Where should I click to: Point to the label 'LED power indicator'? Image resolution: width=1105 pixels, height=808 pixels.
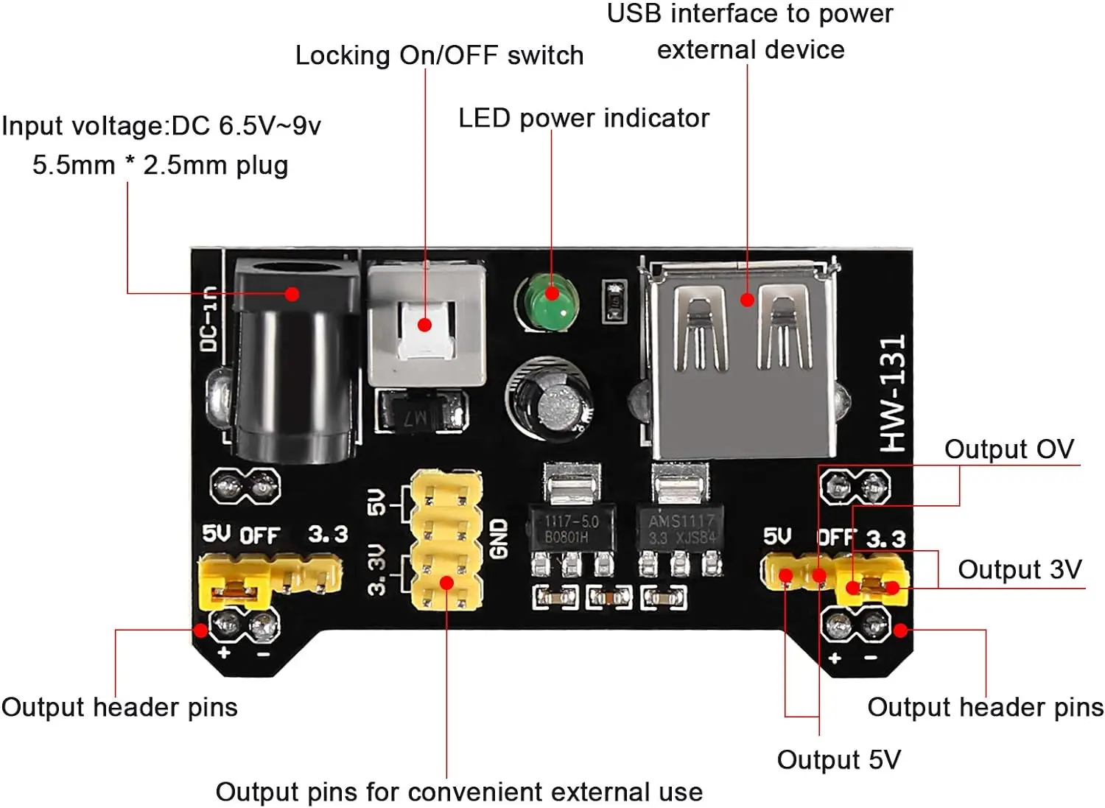pyautogui.click(x=583, y=119)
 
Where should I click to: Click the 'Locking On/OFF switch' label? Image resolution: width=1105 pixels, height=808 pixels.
pyautogui.click(x=439, y=56)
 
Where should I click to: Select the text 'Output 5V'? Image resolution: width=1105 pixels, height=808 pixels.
pyautogui.click(x=838, y=760)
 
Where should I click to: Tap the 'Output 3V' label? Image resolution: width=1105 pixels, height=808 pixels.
pyautogui.click(x=1020, y=569)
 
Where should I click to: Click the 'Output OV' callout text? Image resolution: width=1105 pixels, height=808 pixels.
pyautogui.click(x=1008, y=449)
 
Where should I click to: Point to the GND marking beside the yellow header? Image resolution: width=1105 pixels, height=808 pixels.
pyautogui.click(x=499, y=538)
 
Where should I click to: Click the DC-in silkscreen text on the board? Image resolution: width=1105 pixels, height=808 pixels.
pyautogui.click(x=209, y=318)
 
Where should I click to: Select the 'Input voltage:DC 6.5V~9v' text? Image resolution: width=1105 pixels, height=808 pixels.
pyautogui.click(x=161, y=126)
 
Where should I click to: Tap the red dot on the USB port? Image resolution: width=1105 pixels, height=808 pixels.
pyautogui.click(x=747, y=300)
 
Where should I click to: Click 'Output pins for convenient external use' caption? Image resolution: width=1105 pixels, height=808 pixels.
pyautogui.click(x=459, y=793)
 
